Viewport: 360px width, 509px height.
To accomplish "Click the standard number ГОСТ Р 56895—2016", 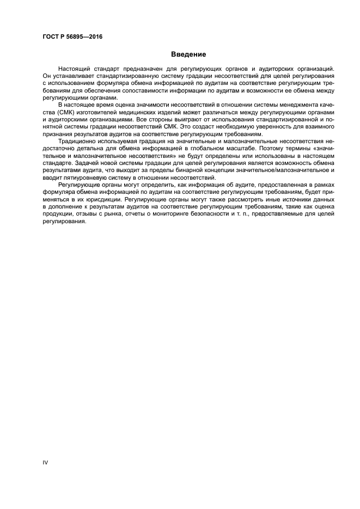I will tap(72, 37).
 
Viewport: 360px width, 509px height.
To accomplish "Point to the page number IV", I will tap(45, 462).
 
